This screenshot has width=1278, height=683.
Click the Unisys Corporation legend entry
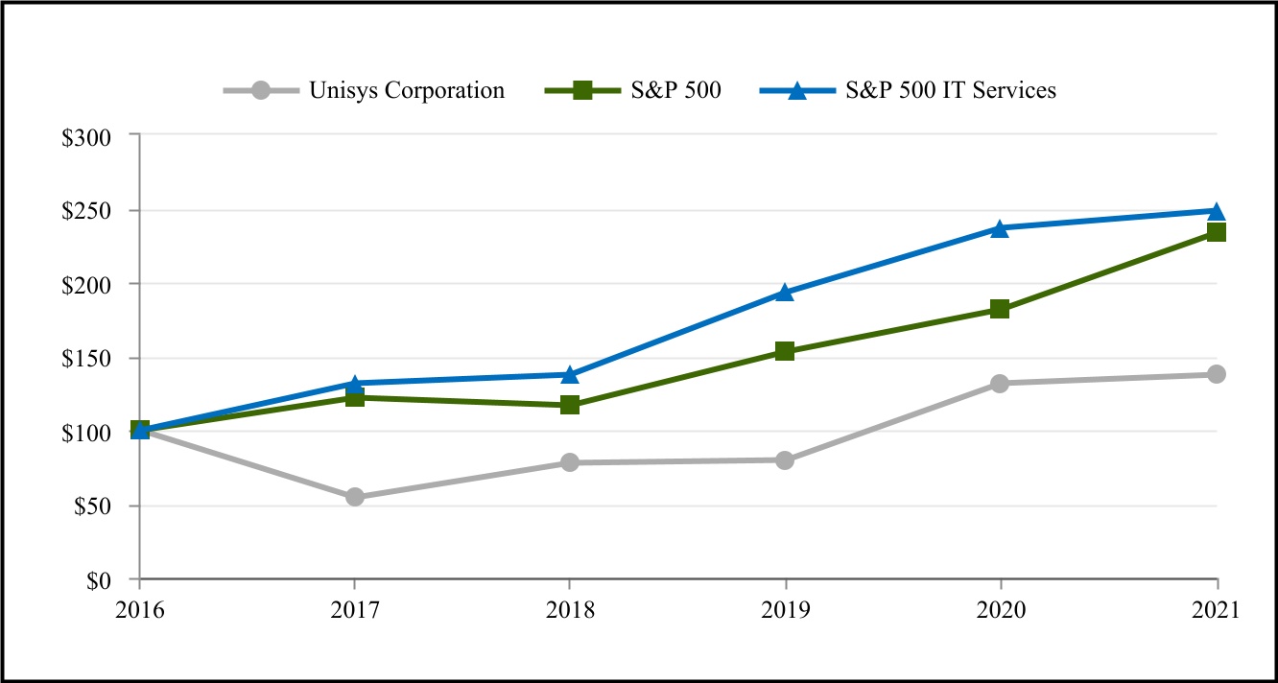click(x=406, y=91)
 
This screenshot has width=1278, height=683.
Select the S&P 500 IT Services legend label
click(x=951, y=91)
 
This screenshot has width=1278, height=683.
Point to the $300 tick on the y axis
click(x=87, y=137)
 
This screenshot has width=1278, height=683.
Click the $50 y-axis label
click(x=92, y=506)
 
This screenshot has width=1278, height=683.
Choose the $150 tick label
click(x=87, y=359)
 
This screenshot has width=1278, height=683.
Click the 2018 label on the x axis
click(x=570, y=610)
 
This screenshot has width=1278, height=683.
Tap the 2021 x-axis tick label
click(x=1217, y=610)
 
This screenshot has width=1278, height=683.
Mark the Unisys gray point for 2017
click(x=355, y=497)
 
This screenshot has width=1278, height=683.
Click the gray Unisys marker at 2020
click(x=1000, y=384)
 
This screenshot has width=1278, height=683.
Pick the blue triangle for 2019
click(x=785, y=293)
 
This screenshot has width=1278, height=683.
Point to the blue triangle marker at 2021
click(x=1216, y=211)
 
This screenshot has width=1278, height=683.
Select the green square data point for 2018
click(x=570, y=405)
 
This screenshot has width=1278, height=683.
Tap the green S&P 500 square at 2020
click(x=1000, y=309)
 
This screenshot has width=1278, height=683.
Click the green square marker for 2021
click(x=1216, y=232)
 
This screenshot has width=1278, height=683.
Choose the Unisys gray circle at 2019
click(x=785, y=460)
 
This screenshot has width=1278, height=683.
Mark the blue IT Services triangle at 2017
click(x=355, y=384)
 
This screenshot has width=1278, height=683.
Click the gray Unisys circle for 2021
click(x=1216, y=374)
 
